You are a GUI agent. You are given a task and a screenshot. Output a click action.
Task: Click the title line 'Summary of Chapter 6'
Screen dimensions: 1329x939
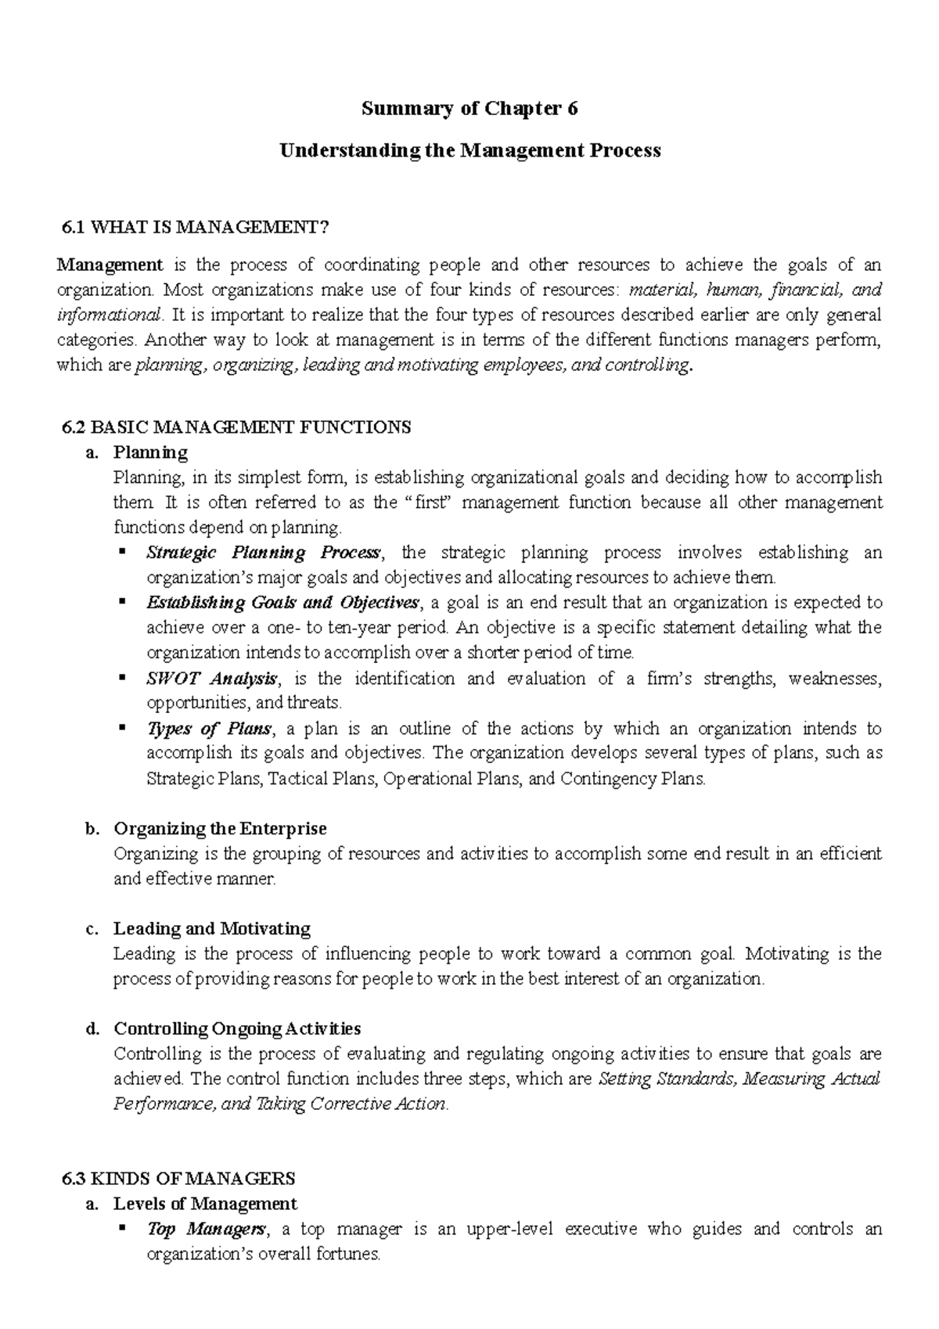coord(469,109)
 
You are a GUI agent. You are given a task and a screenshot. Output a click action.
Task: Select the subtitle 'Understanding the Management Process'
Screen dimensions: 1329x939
coord(470,150)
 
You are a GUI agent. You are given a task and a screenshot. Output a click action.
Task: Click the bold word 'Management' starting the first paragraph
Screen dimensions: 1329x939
coord(110,265)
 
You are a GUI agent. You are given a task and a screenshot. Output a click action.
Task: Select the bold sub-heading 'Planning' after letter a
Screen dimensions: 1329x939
coord(150,452)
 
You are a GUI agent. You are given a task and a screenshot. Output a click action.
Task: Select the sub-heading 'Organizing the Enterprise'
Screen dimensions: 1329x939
coord(220,828)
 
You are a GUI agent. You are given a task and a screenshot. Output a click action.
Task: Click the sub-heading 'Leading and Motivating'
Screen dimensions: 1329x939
coord(212,928)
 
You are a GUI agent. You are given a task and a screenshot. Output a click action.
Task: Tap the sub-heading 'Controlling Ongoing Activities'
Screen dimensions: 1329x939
coord(237,1028)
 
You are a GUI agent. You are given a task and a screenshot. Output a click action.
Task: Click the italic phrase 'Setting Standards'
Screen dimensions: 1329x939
coord(666,1079)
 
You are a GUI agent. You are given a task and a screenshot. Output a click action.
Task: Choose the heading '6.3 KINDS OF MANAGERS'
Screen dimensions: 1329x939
coord(178,1178)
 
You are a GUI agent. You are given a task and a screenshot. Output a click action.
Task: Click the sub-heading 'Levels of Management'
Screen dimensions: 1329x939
coord(205,1203)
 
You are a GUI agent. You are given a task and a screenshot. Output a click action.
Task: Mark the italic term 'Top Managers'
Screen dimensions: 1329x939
coord(206,1229)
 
